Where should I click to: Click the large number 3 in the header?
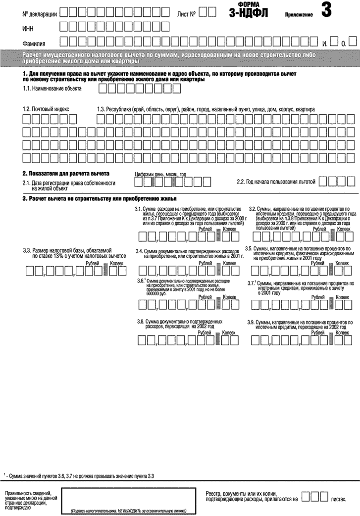coord(326,10)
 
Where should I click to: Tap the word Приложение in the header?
coord(299,15)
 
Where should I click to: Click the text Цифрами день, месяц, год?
coord(160,175)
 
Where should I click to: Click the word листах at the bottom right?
coord(337,500)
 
